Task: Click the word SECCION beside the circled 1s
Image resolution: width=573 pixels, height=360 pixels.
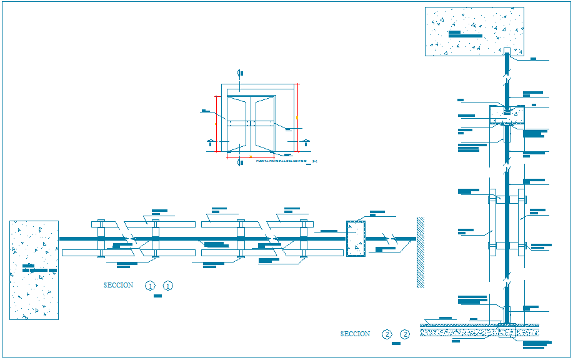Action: click(118, 286)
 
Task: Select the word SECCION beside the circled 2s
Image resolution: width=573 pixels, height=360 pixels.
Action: click(355, 334)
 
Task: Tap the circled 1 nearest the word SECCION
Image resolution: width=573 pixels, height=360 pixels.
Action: click(150, 286)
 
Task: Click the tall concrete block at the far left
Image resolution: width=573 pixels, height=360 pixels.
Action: click(34, 270)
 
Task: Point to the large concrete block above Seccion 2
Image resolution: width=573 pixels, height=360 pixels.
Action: click(474, 31)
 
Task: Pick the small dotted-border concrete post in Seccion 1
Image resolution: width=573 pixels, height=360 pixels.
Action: click(356, 238)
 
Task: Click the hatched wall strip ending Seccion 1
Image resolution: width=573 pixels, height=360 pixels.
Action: click(421, 252)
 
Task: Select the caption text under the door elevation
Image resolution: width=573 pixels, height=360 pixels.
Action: click(281, 161)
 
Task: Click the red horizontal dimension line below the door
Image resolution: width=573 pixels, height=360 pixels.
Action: click(251, 157)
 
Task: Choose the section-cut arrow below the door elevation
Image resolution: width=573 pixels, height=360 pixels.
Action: click(240, 162)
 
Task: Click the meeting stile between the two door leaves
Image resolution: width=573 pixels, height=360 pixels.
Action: click(251, 123)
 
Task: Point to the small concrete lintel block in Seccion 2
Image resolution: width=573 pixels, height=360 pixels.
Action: click(507, 116)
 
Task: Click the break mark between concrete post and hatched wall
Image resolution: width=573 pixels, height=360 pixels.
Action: click(391, 238)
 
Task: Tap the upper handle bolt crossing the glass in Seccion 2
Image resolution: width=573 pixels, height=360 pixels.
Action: click(507, 200)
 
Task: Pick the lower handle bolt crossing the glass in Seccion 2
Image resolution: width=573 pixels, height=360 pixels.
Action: click(507, 245)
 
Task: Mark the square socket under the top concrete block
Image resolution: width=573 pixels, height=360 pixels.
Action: click(507, 51)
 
